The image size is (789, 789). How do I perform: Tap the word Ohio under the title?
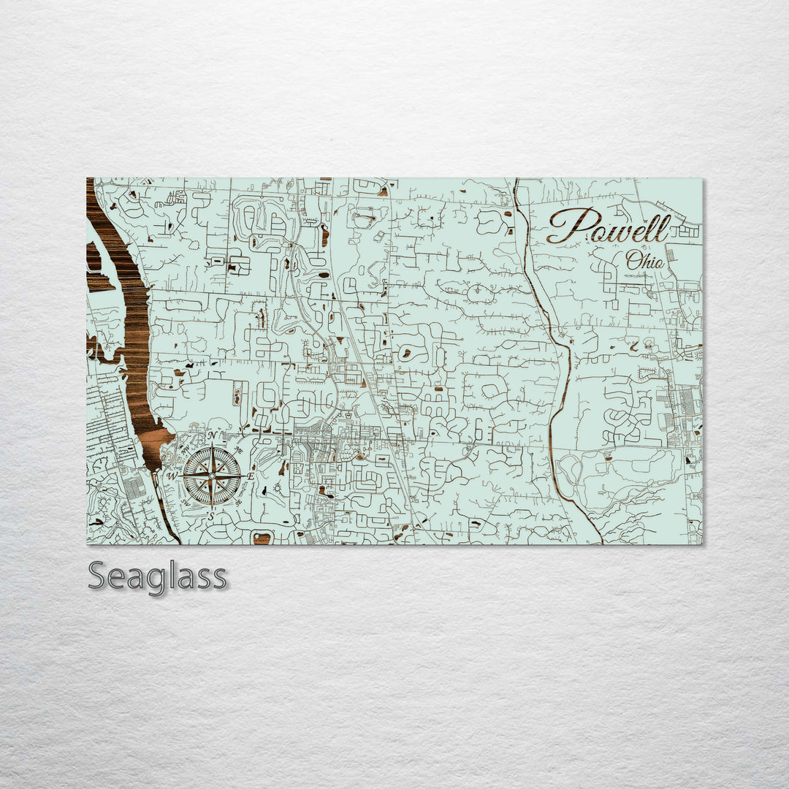(644, 260)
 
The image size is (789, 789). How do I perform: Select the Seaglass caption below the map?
(157, 576)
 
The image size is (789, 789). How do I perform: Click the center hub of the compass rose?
(212, 476)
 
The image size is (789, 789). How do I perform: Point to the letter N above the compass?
(212, 436)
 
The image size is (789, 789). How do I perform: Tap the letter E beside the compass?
(251, 476)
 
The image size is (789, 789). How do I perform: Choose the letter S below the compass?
(211, 517)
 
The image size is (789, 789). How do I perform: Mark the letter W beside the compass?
(172, 476)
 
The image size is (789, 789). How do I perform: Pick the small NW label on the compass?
(186, 449)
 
